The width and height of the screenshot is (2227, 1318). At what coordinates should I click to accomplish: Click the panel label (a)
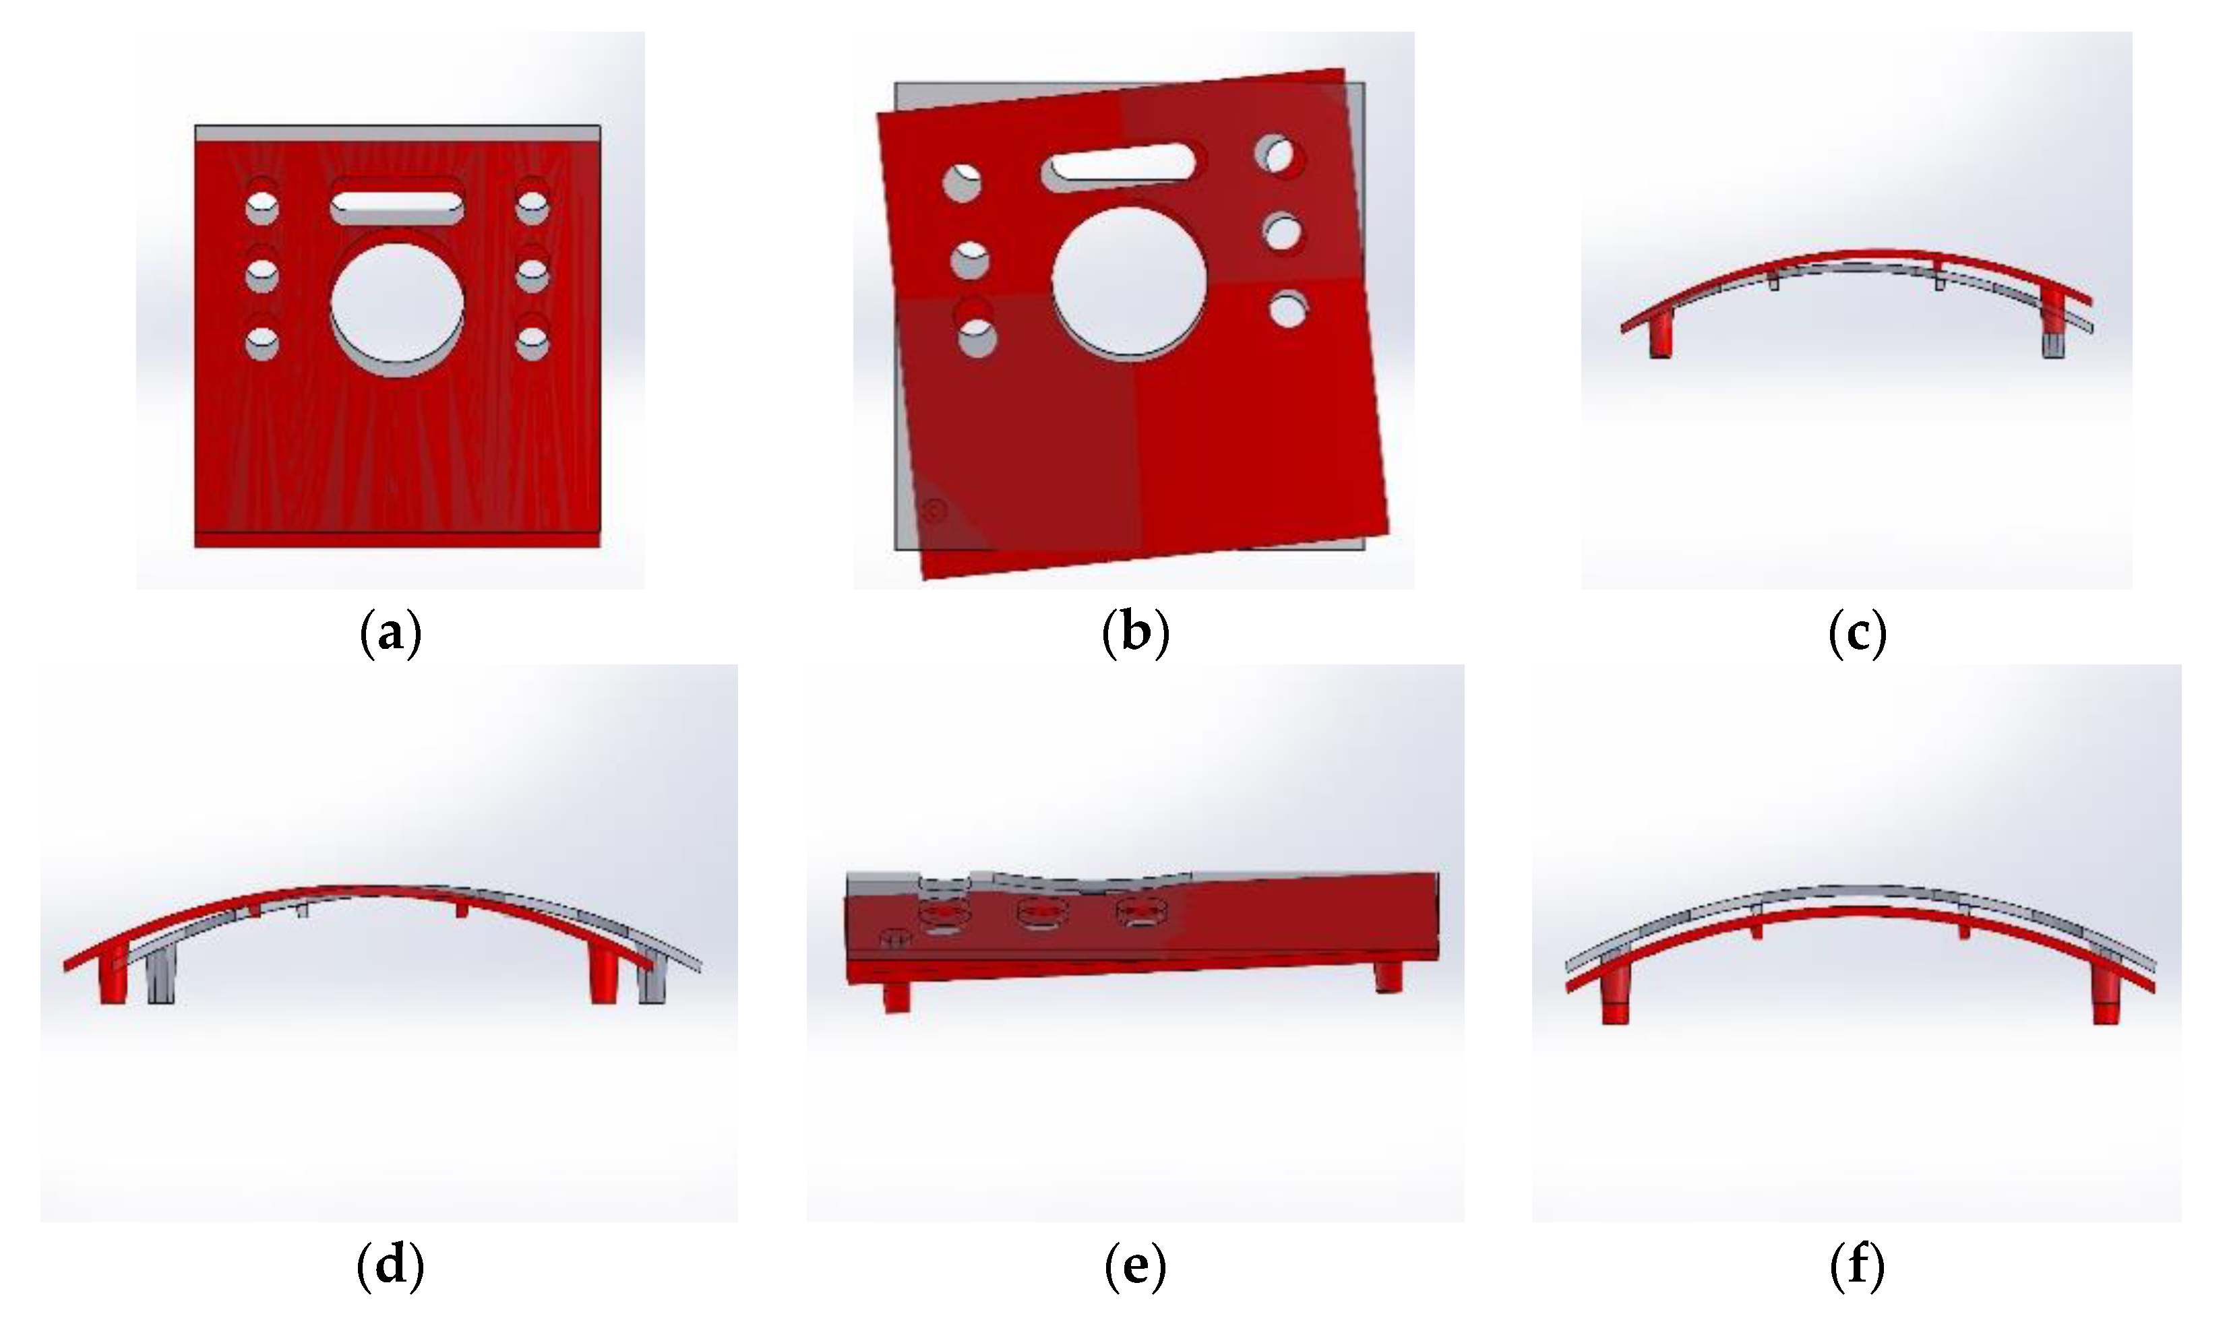point(391,634)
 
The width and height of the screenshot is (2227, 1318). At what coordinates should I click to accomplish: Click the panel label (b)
point(1135,634)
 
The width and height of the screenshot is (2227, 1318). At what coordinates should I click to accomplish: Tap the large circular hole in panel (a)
point(397,302)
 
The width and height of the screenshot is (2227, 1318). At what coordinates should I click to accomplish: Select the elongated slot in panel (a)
point(397,201)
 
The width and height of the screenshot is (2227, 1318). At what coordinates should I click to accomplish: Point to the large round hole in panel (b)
point(1129,282)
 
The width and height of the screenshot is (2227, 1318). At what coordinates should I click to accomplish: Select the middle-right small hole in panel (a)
point(532,273)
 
